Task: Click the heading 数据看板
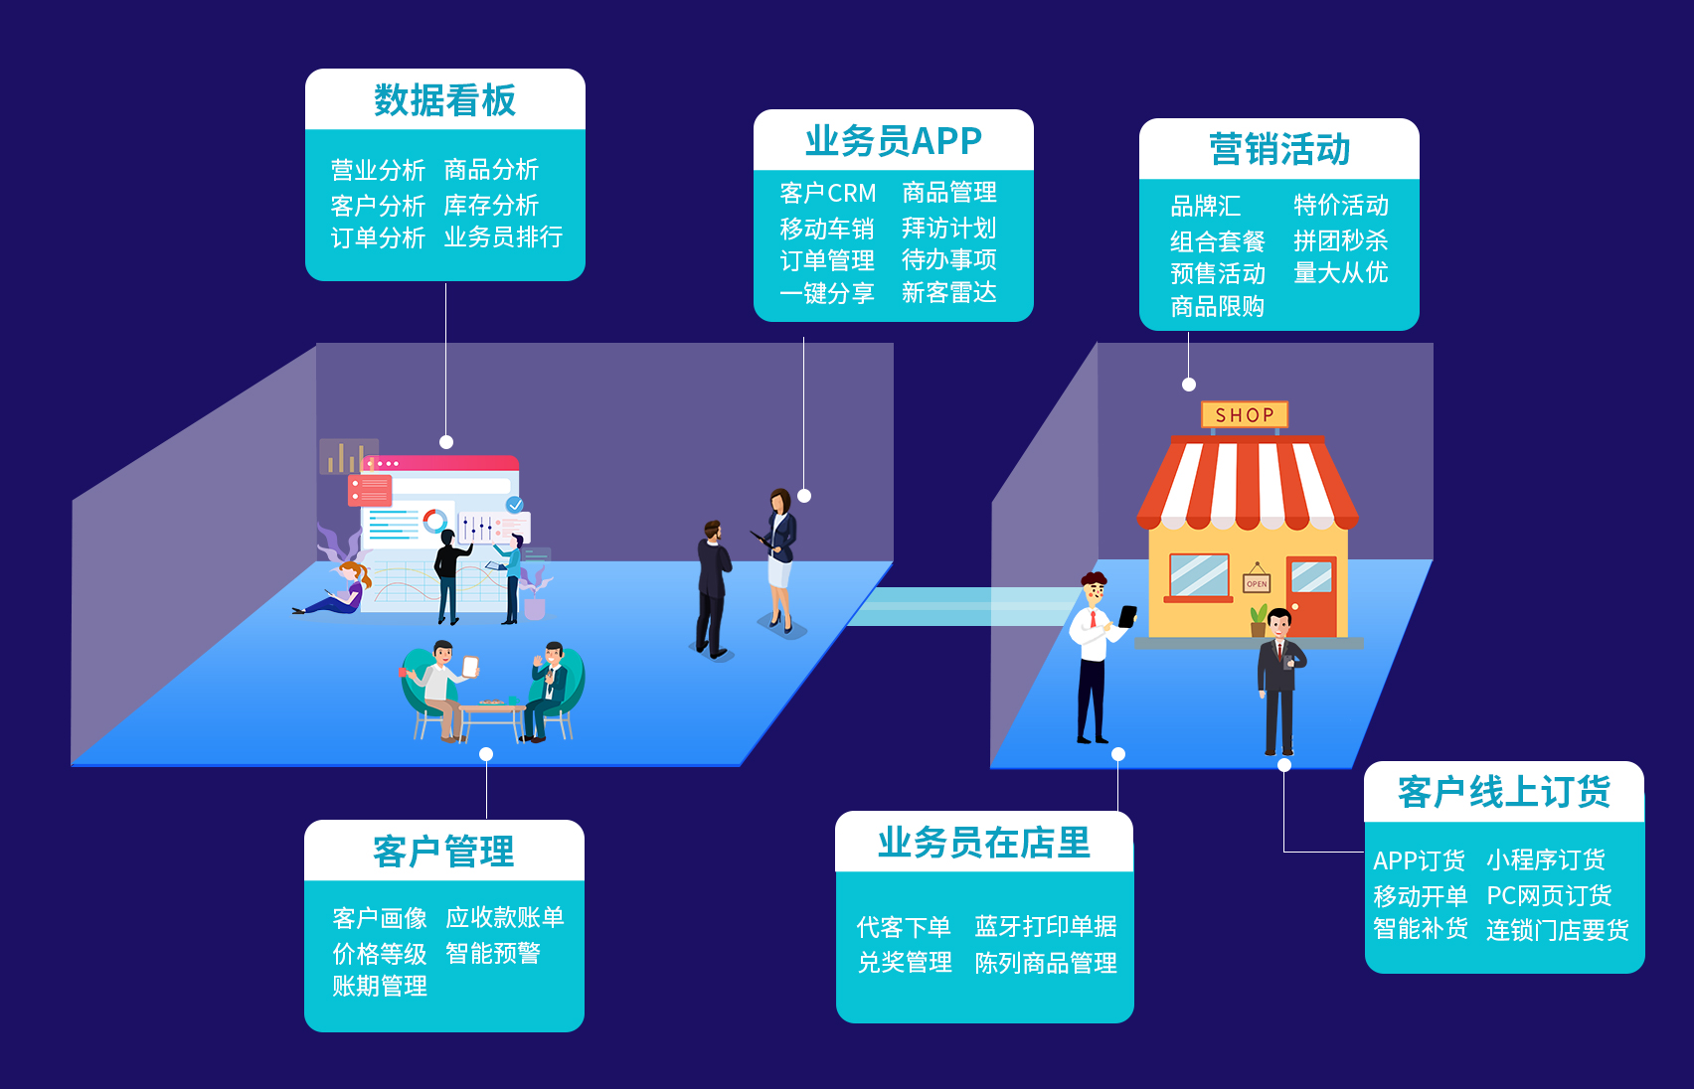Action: pos(444,100)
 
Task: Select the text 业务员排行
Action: pos(503,237)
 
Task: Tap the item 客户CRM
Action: pos(828,193)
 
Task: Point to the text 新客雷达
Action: pos(948,293)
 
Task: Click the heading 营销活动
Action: pos(1279,150)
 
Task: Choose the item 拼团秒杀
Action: pos(1340,240)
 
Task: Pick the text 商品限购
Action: pos(1217,307)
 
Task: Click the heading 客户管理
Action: pos(443,852)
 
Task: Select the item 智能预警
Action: pos(493,954)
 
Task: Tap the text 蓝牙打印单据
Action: pos(1046,927)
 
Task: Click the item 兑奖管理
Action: pos(905,963)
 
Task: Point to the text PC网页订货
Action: pos(1549,896)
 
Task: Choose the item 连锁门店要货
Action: pos(1557,930)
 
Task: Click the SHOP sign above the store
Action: pos(1245,415)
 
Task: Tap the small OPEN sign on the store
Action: pos(1257,583)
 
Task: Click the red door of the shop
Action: pos(1311,594)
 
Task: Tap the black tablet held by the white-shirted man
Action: pos(1127,616)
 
